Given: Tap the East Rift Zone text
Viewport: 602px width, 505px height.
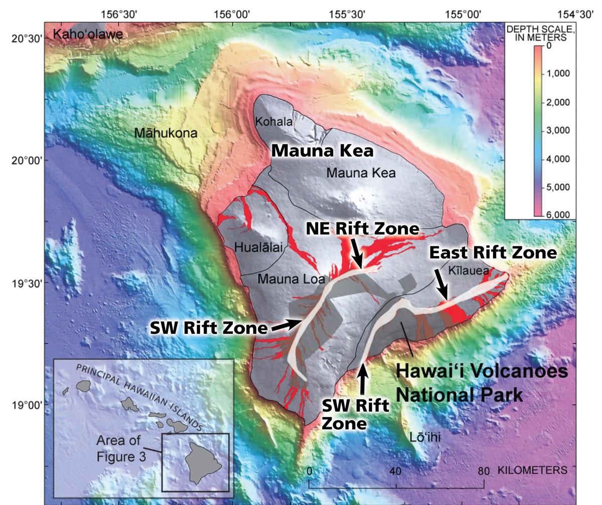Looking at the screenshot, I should (493, 252).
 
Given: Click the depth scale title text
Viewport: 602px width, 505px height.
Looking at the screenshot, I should (536, 33).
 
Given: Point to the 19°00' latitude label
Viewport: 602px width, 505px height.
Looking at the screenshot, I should (22, 405).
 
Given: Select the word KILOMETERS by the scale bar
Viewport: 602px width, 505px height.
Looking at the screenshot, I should (532, 471).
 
